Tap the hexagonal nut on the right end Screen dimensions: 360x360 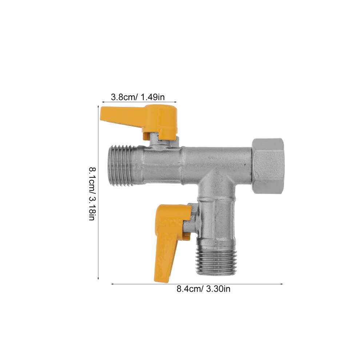pos(268,166)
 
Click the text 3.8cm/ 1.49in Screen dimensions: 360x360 pos(138,97)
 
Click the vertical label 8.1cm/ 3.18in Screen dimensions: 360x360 pos(92,194)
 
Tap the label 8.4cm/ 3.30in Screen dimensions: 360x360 pos(203,289)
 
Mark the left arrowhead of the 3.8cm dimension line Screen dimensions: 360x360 pos(103,101)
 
